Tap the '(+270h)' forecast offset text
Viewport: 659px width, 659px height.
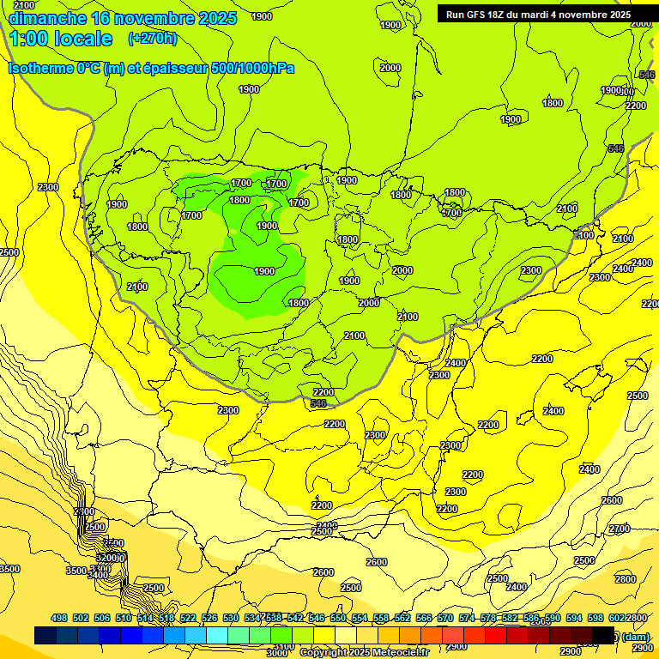[x=152, y=38]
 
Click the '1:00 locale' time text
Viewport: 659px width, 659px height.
[x=60, y=39]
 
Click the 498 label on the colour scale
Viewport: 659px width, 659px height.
[x=59, y=618]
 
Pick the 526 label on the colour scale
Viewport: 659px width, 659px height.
[x=209, y=618]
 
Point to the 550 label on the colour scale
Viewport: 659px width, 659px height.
[x=338, y=618]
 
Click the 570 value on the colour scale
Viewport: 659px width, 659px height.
[x=445, y=618]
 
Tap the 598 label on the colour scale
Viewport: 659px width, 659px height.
[x=596, y=618]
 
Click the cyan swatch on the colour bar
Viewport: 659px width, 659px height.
[x=217, y=635]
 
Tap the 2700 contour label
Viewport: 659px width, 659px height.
[x=619, y=529]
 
